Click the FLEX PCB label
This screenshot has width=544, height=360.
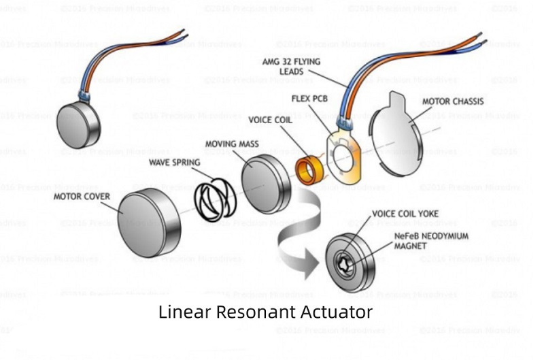(310, 99)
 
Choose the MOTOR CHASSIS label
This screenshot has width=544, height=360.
(453, 101)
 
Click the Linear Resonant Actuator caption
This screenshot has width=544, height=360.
(266, 312)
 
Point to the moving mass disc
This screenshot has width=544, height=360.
(267, 183)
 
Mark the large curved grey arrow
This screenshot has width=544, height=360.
(299, 235)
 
